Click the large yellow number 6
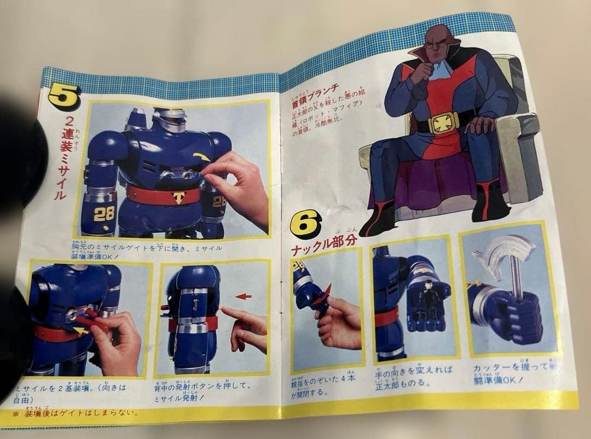click(x=306, y=224)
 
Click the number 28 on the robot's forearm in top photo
click(x=104, y=214)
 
